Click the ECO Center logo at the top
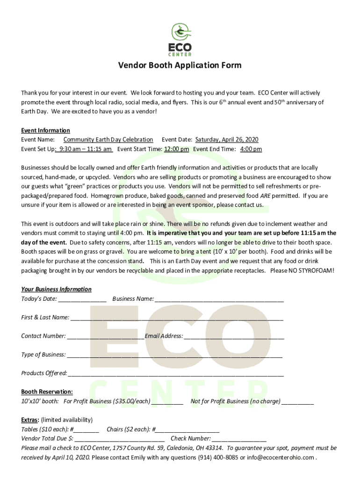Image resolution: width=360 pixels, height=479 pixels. (180, 40)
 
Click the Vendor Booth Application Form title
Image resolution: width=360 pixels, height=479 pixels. (180, 65)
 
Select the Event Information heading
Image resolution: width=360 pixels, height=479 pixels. (45, 131)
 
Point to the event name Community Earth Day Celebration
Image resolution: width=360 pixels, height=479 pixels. (108, 139)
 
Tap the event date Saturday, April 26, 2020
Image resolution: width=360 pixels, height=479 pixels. (227, 139)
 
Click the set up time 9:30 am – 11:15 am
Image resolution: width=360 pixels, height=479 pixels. (84, 149)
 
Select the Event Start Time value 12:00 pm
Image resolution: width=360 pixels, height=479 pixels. (176, 149)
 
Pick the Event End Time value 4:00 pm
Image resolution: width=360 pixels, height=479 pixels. (251, 149)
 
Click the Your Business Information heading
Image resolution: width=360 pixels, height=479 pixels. (56, 290)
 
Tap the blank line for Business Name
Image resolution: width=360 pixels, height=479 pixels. (219, 299)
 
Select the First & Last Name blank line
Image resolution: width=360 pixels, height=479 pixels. (177, 318)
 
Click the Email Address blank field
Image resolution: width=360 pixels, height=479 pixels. (234, 336)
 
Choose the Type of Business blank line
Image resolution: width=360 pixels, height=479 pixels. (175, 355)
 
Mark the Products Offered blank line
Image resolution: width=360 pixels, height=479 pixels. (176, 374)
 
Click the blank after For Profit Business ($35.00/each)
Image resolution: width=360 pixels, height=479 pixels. (167, 402)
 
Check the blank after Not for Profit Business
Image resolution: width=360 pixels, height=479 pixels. (298, 402)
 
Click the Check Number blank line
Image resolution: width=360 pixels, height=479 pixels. (239, 439)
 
